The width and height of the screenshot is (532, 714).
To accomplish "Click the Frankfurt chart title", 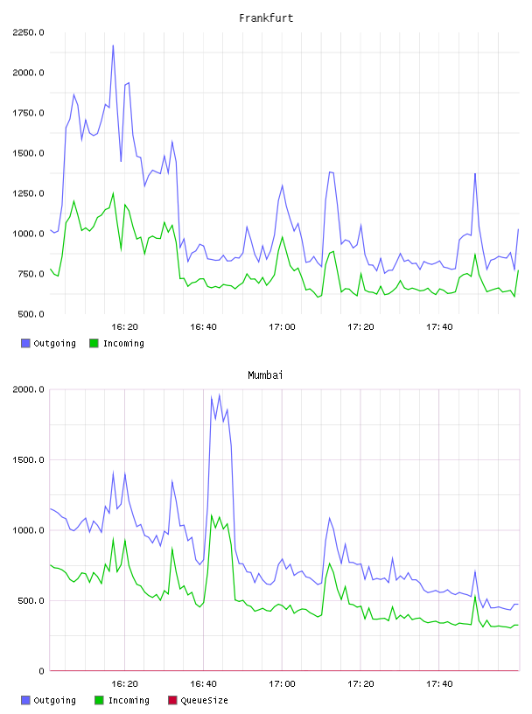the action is (266, 17).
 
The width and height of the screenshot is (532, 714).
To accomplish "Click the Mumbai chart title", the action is (265, 374).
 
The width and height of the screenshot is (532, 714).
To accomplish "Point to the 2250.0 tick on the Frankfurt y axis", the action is (28, 32).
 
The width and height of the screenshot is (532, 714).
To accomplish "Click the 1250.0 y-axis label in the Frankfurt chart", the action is (28, 193).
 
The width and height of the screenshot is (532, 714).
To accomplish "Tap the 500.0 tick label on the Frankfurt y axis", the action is (31, 314).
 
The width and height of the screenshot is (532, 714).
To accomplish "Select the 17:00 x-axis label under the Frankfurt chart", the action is (282, 327).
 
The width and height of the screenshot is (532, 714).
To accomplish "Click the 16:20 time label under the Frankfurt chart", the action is (124, 327).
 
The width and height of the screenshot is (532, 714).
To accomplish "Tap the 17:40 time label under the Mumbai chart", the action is (439, 684).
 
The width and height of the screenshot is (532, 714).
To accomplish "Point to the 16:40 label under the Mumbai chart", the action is (203, 684).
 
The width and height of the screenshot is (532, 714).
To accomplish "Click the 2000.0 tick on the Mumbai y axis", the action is (28, 389).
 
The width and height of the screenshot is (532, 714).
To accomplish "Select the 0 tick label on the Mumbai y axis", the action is (41, 671).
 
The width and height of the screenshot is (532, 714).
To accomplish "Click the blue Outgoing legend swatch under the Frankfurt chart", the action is (25, 343).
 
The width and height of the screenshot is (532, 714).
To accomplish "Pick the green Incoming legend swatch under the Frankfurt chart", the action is (94, 343).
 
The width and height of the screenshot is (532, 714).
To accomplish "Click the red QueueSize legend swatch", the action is (172, 700).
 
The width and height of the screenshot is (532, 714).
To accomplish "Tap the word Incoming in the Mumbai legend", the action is (129, 701).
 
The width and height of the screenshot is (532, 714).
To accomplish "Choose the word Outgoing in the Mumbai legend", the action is (54, 701).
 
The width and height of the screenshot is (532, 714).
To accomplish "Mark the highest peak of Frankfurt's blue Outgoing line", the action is (113, 45).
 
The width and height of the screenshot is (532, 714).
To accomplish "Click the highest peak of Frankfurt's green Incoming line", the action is (113, 192).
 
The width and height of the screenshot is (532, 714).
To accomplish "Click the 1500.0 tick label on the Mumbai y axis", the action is (28, 460).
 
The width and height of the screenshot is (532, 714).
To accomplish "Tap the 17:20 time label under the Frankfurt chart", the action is (360, 327).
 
